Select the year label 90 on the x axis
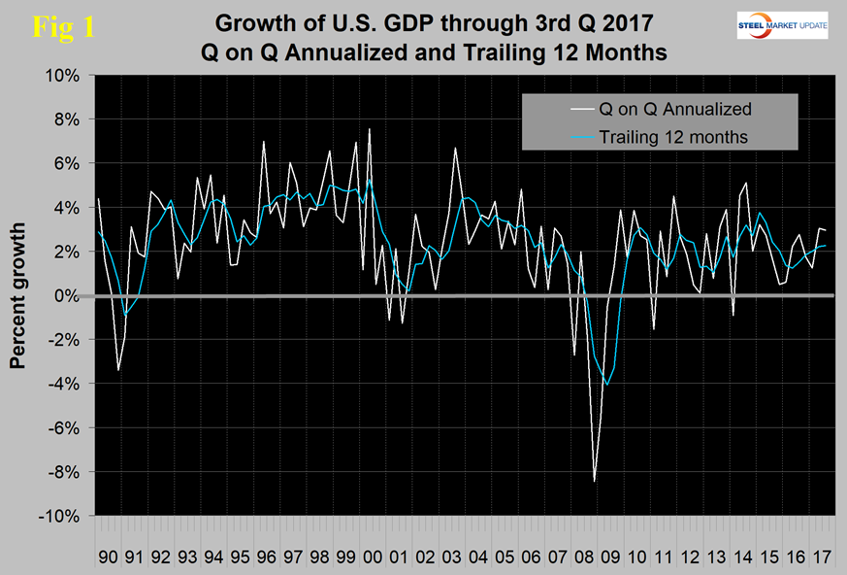[109, 534]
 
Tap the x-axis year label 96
[265, 534]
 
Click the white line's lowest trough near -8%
[595, 481]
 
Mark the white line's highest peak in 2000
[369, 128]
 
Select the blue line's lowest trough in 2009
[607, 385]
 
